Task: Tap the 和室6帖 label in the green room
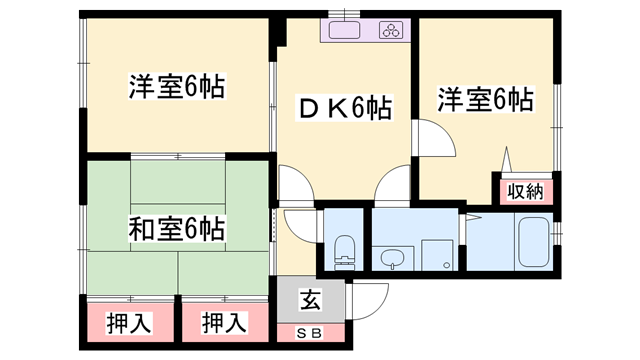coord(176,230)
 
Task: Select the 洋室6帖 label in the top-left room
coord(176,87)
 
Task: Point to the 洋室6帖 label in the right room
coord(484,100)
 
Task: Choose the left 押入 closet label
coord(129,323)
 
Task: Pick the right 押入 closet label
coord(224,323)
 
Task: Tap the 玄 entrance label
coord(310,297)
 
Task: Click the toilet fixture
coord(344,248)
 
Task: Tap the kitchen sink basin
coord(346,31)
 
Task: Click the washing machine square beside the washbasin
coord(436,254)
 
